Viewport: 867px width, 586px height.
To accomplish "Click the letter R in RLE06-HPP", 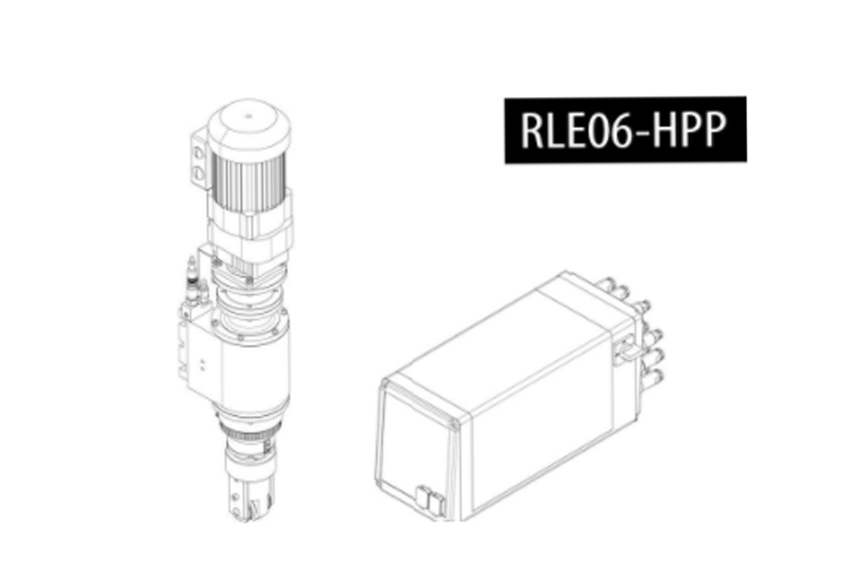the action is point(533,130).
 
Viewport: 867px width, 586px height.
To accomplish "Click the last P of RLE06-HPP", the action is point(714,130).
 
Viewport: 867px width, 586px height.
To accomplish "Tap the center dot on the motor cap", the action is point(249,115).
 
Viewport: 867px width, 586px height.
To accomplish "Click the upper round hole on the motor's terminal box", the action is point(199,153).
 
